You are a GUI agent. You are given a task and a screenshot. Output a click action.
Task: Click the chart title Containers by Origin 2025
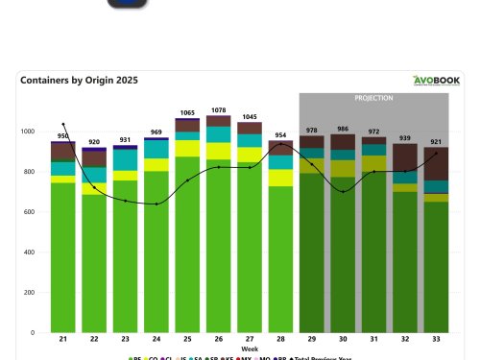[x=72, y=81]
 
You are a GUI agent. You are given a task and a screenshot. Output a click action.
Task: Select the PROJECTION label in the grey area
[x=373, y=98]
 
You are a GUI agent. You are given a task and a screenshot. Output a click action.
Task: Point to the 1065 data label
[x=187, y=113]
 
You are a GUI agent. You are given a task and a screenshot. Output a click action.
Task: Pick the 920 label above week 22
[x=94, y=141]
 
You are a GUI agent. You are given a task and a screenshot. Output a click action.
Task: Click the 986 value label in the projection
[x=343, y=129]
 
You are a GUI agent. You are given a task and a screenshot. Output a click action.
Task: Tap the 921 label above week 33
[x=436, y=141]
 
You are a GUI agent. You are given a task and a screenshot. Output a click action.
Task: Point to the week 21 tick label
[x=63, y=341]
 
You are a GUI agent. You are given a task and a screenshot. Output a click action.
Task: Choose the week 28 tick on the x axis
[x=280, y=341]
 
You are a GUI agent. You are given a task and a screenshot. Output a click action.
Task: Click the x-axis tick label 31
[x=373, y=341]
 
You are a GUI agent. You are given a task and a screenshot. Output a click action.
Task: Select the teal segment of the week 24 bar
[x=156, y=149]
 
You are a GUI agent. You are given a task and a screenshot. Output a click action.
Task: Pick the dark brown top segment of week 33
[x=436, y=163]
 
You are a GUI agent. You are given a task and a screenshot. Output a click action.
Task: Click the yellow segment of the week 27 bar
[x=250, y=155]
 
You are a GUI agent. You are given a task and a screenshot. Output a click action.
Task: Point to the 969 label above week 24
[x=156, y=132]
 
